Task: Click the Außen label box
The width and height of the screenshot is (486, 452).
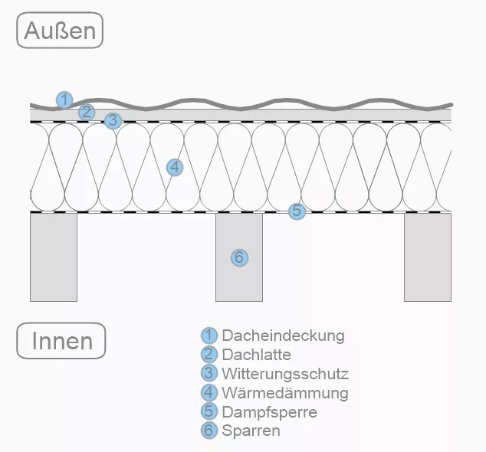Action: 59,31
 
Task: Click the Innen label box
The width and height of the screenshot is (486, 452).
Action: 61,341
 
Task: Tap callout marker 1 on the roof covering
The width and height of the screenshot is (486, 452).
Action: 64,100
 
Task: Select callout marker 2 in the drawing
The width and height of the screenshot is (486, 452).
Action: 87,112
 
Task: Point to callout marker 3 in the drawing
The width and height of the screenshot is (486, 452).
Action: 113,120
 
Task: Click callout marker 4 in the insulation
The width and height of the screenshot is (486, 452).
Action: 174,166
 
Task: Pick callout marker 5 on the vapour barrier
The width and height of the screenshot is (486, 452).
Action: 297,211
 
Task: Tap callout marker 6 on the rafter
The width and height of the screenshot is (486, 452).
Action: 239,257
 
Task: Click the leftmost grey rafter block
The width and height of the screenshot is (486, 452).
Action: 54,257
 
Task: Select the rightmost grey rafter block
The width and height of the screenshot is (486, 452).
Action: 428,257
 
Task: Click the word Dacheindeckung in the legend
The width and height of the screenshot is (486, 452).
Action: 284,336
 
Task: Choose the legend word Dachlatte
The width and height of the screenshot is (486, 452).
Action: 256,355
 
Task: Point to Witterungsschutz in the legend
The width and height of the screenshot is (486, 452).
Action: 285,374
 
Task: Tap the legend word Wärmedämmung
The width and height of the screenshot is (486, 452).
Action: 284,393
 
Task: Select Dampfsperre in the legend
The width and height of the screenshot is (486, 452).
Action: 269,412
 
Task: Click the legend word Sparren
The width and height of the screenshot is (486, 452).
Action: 251,431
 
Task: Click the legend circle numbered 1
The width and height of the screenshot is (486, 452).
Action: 209,336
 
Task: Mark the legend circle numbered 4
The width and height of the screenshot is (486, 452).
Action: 209,393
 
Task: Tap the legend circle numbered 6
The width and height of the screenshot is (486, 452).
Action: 209,431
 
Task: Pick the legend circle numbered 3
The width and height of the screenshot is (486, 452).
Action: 209,374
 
